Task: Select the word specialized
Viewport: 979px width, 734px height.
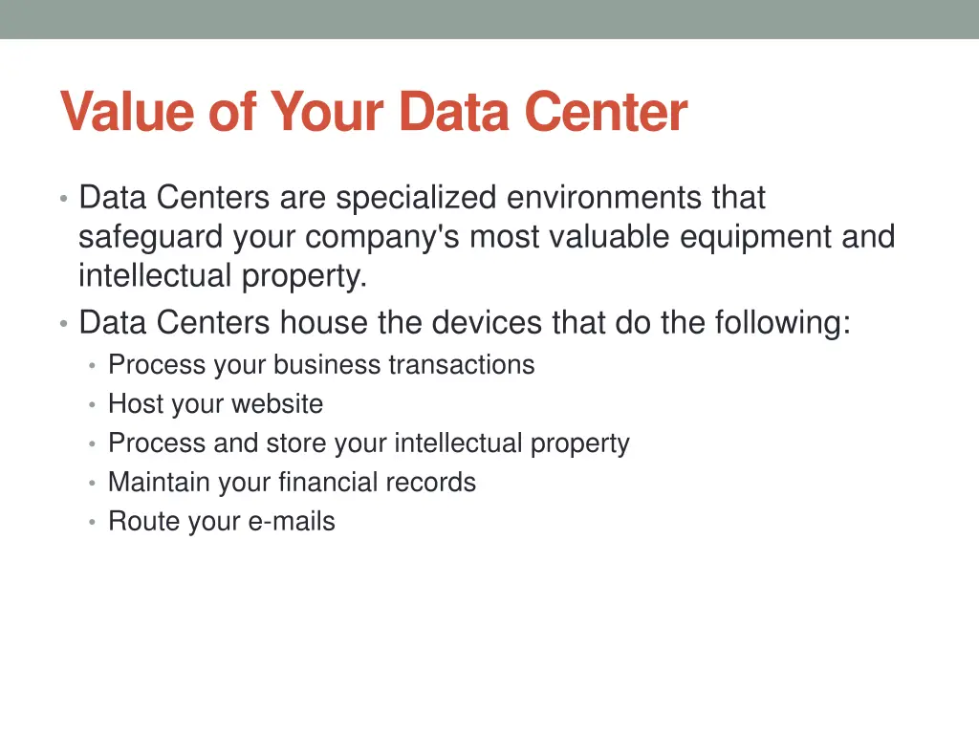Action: (416, 198)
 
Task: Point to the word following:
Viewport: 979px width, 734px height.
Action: (782, 323)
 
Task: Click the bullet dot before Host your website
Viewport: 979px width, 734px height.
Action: (91, 405)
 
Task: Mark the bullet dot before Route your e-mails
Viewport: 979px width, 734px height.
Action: (91, 523)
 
